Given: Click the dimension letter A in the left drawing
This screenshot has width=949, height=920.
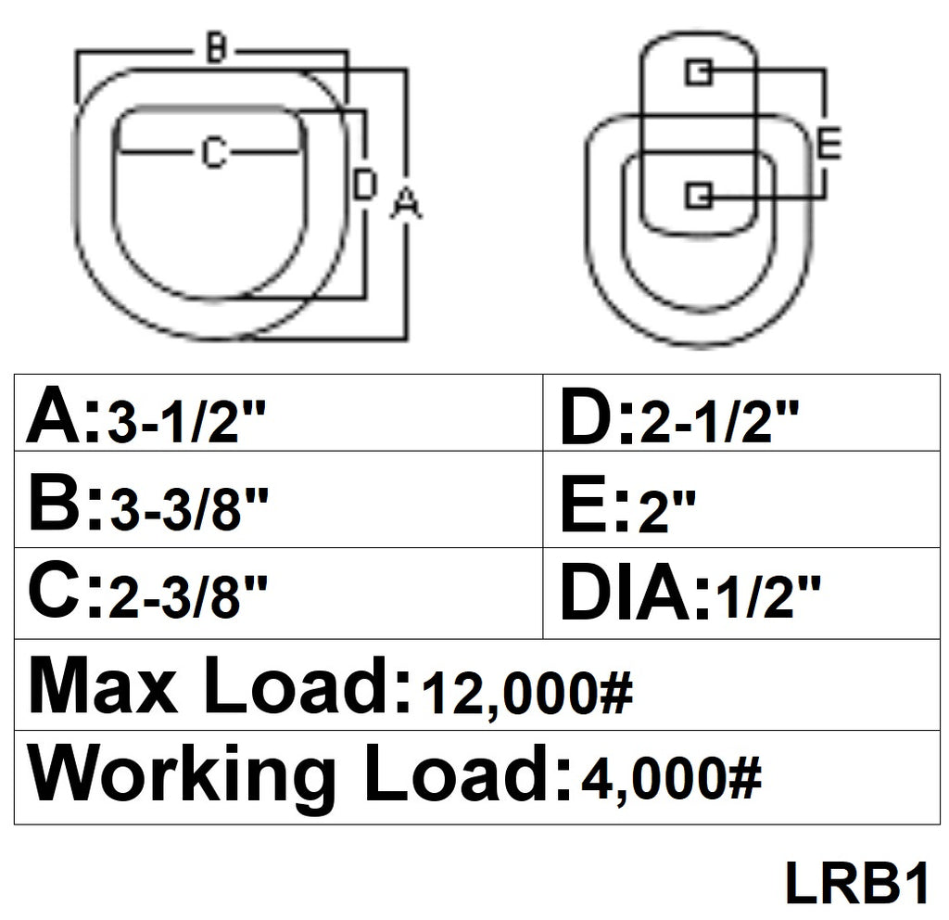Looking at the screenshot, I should (x=404, y=202).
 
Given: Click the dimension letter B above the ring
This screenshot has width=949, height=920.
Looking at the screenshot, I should (x=214, y=48).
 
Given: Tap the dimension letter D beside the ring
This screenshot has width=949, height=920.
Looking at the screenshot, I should (x=364, y=184).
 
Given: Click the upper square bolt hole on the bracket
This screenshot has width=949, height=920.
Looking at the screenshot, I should (x=698, y=72).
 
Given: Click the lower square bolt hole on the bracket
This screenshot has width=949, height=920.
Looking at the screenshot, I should (x=698, y=195).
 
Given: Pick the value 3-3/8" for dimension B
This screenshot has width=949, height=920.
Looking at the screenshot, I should (x=187, y=510).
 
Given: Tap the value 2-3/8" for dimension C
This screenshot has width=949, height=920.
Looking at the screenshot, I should (x=187, y=597).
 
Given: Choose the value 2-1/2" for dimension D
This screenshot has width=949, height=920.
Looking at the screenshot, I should (x=719, y=424).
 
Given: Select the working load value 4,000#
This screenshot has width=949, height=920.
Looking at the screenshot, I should (x=670, y=779).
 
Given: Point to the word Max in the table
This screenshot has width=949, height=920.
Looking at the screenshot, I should (x=102, y=688).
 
